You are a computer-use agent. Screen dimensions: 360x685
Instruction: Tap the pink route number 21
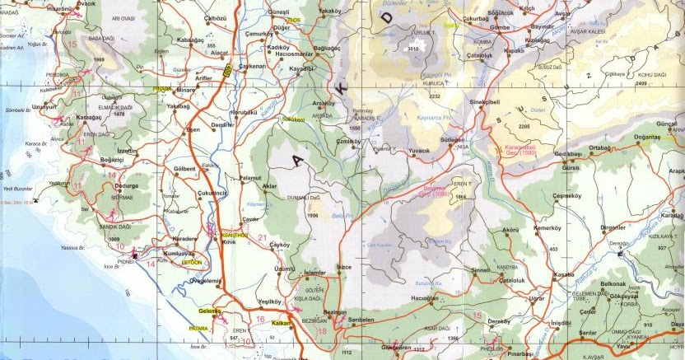[263, 239]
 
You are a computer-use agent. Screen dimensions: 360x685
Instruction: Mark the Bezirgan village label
[335, 313]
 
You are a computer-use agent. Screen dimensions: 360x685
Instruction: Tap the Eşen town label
[194, 129]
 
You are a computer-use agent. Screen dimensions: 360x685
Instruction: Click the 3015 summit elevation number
[414, 49]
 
